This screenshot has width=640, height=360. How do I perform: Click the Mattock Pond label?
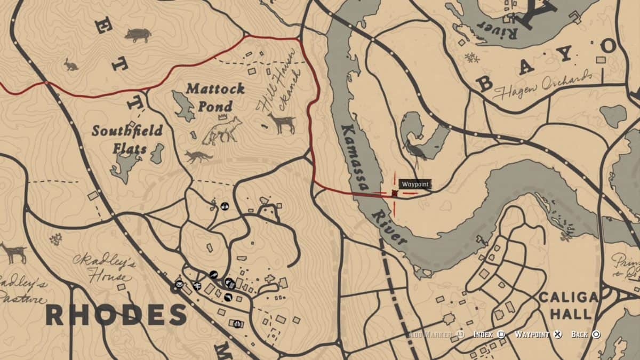[215, 97]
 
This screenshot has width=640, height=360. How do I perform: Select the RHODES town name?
[116, 315]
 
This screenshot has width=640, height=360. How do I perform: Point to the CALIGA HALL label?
[568, 305]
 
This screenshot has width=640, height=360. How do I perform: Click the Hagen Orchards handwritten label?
[543, 85]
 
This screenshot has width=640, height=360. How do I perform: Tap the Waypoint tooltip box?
[414, 184]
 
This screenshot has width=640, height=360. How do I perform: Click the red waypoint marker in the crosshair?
[395, 193]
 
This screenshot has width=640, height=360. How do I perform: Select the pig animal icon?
[138, 35]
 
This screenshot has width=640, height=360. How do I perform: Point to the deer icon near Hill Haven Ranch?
[283, 123]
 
